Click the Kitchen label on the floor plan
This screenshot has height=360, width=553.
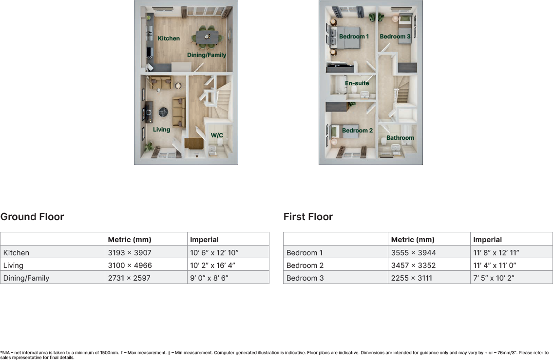pos(169,38)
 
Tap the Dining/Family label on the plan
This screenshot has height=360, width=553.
pos(207,55)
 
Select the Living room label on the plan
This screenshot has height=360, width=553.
pos(161,130)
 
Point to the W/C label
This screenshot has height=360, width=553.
pos(217,135)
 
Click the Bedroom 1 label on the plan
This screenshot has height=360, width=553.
pos(354,37)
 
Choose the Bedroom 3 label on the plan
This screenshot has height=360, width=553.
pos(395,37)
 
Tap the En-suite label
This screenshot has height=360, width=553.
pos(357,83)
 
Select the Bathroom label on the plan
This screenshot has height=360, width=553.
pos(400,138)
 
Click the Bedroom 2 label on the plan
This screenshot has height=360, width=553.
pos(357,131)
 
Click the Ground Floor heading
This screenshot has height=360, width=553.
pos(32,217)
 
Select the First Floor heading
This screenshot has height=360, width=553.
pos(308,217)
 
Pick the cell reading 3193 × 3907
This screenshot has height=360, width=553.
pos(130,253)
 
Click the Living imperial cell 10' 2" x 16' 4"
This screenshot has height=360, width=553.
pos(214,265)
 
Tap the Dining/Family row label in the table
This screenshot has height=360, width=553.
pos(26,278)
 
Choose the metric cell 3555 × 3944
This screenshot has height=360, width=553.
pos(414,253)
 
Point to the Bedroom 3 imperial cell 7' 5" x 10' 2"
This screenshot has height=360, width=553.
pos(494,278)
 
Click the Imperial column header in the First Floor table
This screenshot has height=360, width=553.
pos(487,240)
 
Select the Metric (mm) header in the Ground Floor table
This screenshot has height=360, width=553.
pos(130,240)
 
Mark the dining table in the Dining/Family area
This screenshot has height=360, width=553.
pos(207,36)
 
